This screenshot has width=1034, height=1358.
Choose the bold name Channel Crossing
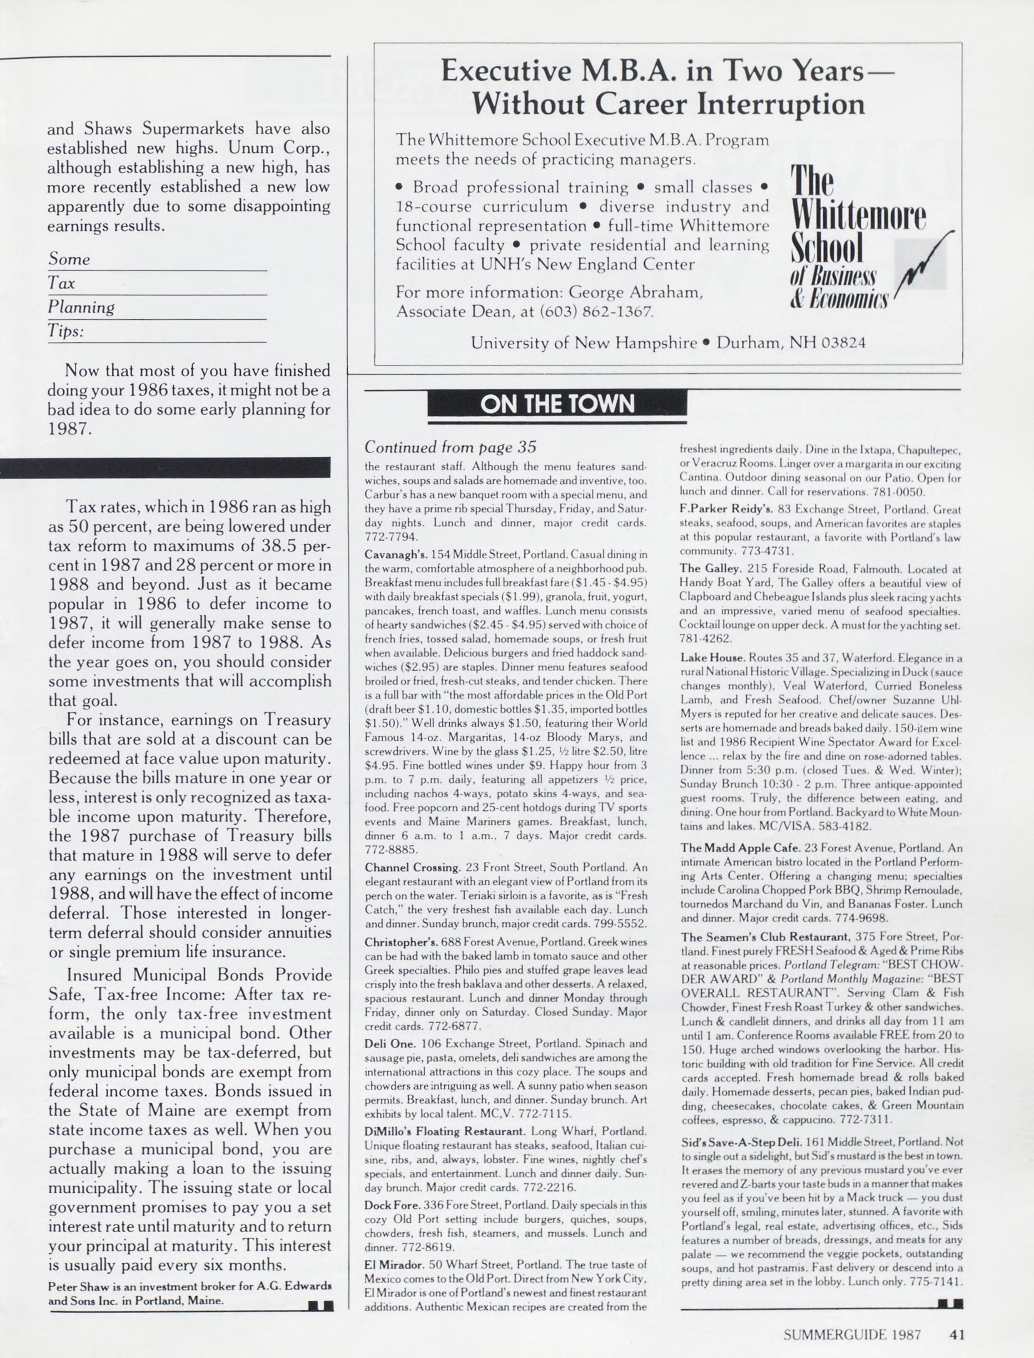coord(412,868)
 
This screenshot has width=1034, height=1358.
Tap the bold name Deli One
coord(390,1044)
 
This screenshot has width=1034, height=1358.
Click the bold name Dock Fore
coord(392,1205)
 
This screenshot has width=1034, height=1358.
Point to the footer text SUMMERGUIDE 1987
coord(852,1335)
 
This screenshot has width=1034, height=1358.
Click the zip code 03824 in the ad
coord(843,343)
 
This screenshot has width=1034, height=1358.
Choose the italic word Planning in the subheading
coord(81,307)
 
